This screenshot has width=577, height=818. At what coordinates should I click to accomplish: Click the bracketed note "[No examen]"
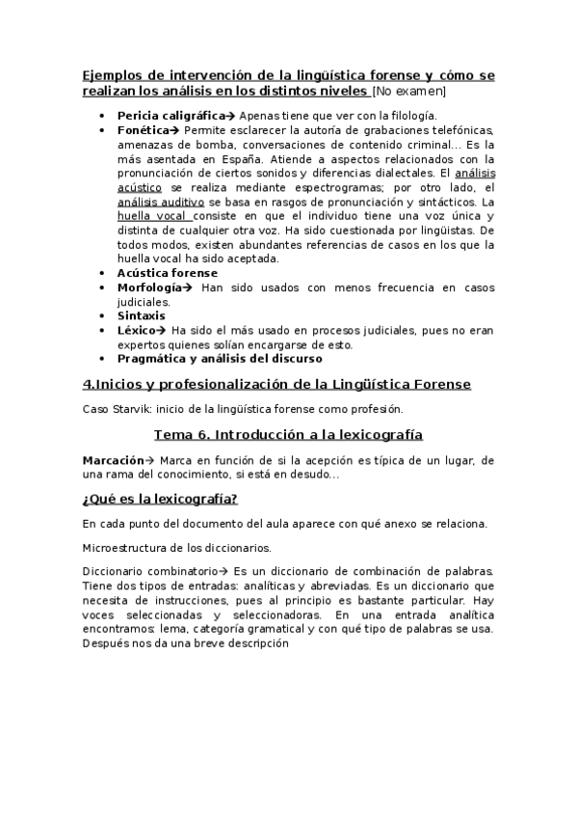tap(408, 92)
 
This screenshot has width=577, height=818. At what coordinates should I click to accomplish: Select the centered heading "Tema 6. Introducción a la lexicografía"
tap(288, 434)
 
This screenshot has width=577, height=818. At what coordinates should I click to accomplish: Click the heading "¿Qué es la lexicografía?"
tap(161, 499)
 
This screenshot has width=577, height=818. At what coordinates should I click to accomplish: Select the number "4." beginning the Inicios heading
tap(89, 384)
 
